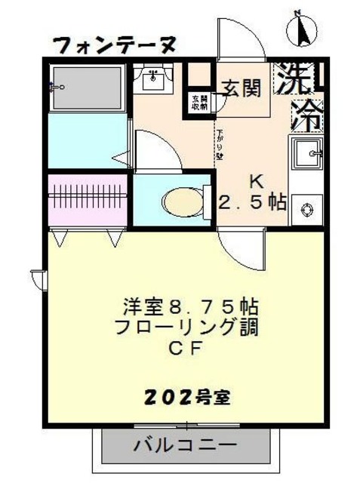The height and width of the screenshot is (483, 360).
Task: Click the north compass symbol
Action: [x=301, y=29]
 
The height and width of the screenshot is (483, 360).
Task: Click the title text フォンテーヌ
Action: [x=115, y=45]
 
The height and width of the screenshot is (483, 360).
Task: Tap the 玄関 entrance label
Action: [x=242, y=88]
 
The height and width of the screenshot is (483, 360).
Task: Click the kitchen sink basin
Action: [x=308, y=157]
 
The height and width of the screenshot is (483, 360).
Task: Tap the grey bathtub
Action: [x=88, y=87]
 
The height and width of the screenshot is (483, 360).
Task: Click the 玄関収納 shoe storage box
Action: [x=198, y=102]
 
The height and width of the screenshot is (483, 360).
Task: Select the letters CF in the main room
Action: [x=186, y=349]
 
